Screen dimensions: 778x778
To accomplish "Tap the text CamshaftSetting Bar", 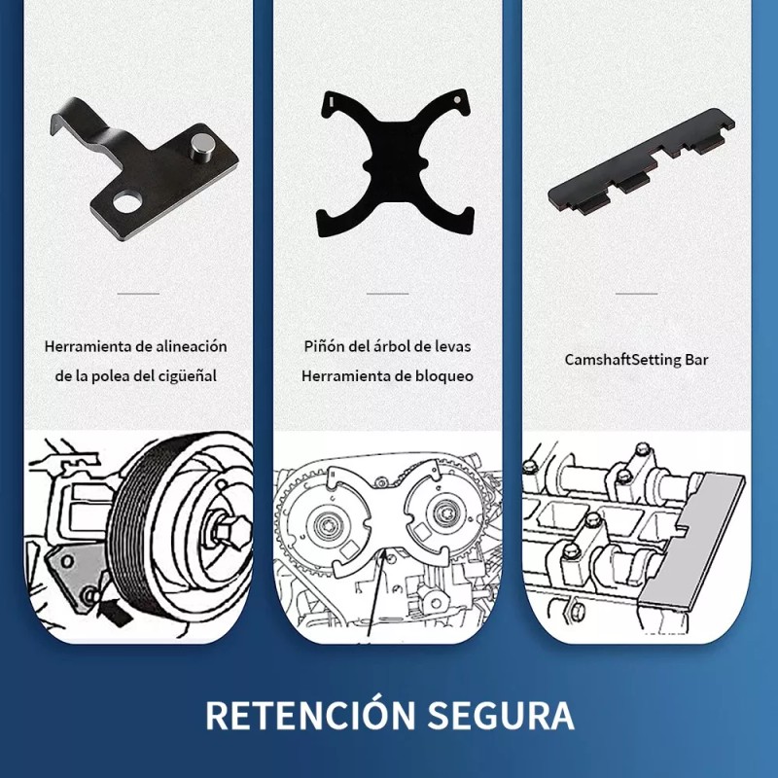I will pos(636,360).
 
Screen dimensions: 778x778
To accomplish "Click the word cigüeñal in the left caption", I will pos(186,375).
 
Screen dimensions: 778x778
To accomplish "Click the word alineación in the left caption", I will pos(193,345).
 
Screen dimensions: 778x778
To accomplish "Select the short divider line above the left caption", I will pos(137,292).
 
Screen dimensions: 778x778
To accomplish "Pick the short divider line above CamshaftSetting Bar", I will pos(637,292).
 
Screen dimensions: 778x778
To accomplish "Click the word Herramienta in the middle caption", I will pos(341,375).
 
